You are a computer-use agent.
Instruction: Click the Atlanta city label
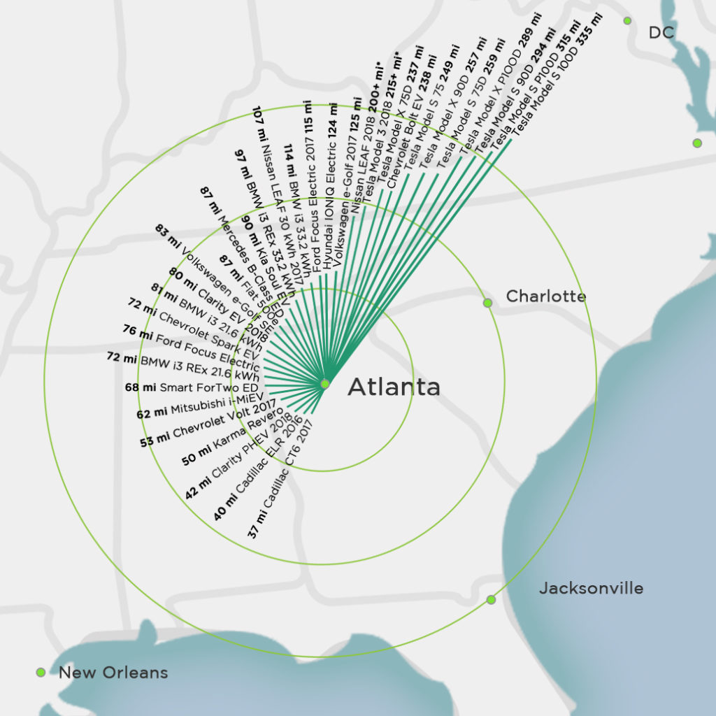pyautogui.click(x=394, y=387)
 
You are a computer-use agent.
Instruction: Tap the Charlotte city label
pyautogui.click(x=545, y=296)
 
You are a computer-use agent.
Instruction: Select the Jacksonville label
pyautogui.click(x=591, y=589)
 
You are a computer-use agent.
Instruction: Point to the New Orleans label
pyautogui.click(x=113, y=673)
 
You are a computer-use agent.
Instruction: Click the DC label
pyautogui.click(x=661, y=32)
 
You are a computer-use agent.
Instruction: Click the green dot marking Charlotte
pyautogui.click(x=487, y=303)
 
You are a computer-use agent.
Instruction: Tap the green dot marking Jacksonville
pyautogui.click(x=491, y=599)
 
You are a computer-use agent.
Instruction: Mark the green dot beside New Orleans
pyautogui.click(x=41, y=673)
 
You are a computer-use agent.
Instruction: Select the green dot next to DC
pyautogui.click(x=627, y=21)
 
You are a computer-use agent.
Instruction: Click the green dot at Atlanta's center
pyautogui.click(x=324, y=384)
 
